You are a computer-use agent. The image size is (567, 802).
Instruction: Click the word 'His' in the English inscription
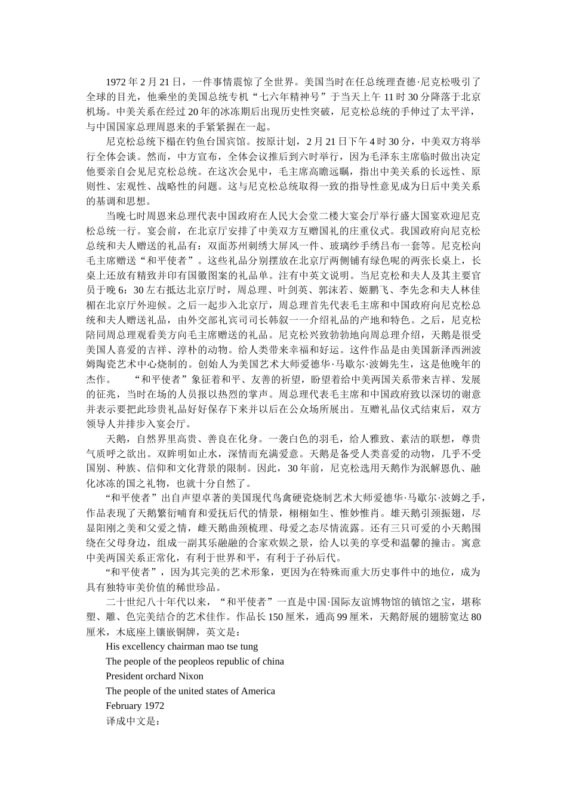click(112, 646)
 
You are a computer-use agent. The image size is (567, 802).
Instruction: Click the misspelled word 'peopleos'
click(174, 661)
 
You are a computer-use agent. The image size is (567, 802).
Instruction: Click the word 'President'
click(125, 676)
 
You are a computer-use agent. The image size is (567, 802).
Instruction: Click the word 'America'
click(258, 691)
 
